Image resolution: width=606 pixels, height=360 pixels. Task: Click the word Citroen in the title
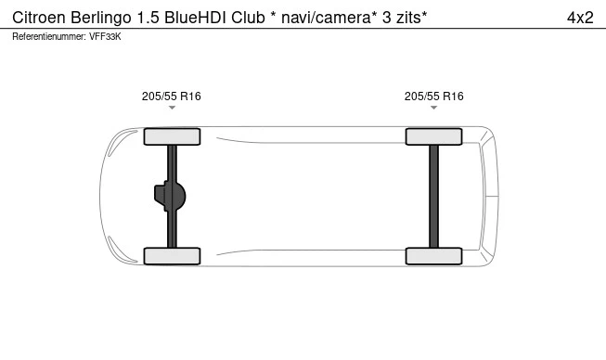point(39,18)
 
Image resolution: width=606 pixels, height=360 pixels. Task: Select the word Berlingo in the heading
point(101,19)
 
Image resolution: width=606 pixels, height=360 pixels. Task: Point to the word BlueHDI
point(196,18)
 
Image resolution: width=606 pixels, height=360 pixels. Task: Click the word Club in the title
point(248,18)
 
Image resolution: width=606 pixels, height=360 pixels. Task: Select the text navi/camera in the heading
point(326,18)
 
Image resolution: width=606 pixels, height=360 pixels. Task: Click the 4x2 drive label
point(580,18)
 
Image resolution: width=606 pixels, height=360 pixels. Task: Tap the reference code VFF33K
point(105,37)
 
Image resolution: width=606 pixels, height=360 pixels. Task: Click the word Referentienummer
point(48,37)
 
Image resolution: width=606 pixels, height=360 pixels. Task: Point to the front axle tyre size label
point(171,96)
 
